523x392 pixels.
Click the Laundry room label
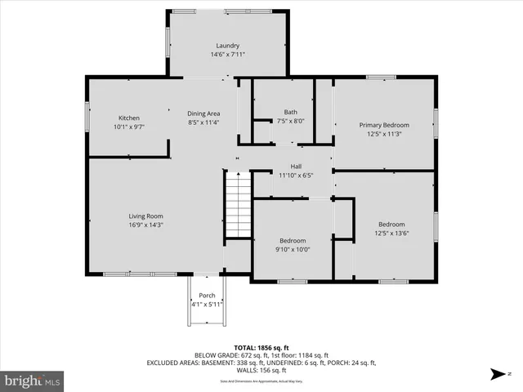pyautogui.click(x=227, y=46)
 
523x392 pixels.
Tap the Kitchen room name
pyautogui.click(x=128, y=118)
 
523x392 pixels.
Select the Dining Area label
pyautogui.click(x=203, y=114)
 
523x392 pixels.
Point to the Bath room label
pyautogui.click(x=290, y=112)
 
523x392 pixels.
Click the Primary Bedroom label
pyautogui.click(x=384, y=125)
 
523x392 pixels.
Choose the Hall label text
pyautogui.click(x=296, y=166)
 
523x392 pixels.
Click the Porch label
pyautogui.click(x=207, y=296)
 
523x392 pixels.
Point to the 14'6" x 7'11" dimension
pyautogui.click(x=227, y=55)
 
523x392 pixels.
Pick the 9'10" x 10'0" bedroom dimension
pyautogui.click(x=293, y=250)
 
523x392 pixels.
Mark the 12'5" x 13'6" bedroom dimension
pyautogui.click(x=391, y=233)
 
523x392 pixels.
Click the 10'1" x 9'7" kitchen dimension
pyautogui.click(x=128, y=127)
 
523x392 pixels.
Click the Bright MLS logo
pyautogui.click(x=33, y=381)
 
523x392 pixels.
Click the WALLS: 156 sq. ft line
pyautogui.click(x=261, y=370)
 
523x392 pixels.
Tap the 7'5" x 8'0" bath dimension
pyautogui.click(x=290, y=121)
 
